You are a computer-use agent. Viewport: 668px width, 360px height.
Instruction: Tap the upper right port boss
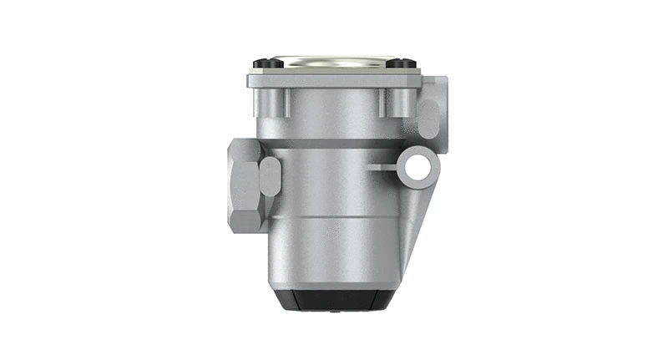tap(433, 104)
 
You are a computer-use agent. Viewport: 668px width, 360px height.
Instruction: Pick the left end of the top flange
tap(250, 81)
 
